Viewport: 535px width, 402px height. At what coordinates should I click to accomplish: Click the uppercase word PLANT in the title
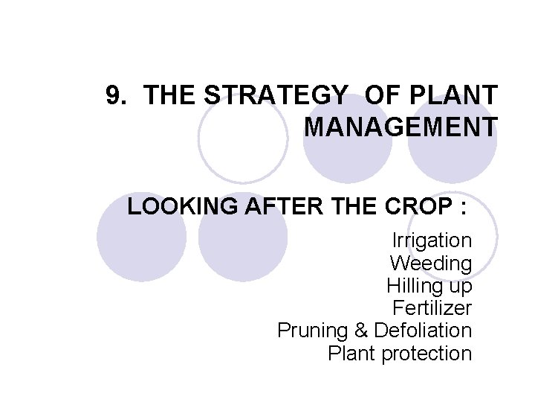(x=453, y=95)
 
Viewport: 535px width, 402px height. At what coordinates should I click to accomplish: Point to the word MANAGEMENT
(x=401, y=127)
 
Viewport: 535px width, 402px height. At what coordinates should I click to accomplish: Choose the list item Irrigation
(x=432, y=240)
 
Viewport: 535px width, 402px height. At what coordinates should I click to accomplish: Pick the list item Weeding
(x=430, y=263)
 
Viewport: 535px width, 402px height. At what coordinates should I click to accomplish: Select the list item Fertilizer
(x=431, y=307)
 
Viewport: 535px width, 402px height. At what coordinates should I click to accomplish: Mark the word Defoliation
(x=423, y=331)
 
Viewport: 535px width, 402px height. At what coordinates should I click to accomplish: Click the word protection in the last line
(x=427, y=354)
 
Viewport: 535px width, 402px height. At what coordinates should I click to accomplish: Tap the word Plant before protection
(x=351, y=354)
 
